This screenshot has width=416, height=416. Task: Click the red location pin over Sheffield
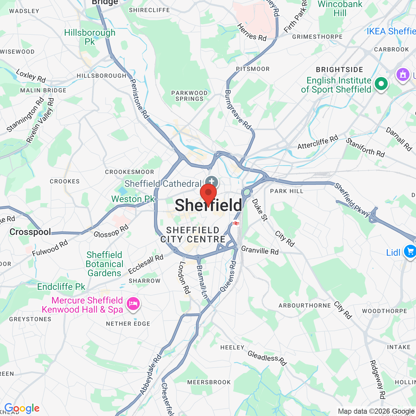click(x=208, y=194)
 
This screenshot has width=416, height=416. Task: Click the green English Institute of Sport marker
click(x=381, y=84)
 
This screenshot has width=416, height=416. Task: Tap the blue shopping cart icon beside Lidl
click(x=410, y=251)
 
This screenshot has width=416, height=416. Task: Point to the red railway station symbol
click(x=236, y=223)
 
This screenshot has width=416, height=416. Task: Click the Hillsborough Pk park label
click(x=90, y=37)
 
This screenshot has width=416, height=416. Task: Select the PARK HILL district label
click(x=287, y=191)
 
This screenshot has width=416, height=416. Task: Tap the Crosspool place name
click(x=30, y=232)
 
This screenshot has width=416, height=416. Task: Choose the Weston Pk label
click(x=133, y=199)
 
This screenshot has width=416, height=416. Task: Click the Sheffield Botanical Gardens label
click(x=104, y=264)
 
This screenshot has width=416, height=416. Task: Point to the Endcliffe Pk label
click(x=61, y=287)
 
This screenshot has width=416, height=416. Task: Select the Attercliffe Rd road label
click(x=318, y=142)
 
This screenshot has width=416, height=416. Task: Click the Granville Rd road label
click(x=260, y=251)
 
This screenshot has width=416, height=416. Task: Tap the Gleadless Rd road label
click(x=267, y=358)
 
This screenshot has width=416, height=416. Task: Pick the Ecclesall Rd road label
click(x=146, y=264)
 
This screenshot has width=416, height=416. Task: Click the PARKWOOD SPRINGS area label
click(x=189, y=96)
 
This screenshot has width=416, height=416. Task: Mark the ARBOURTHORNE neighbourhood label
click(x=305, y=305)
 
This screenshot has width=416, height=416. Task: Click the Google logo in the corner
click(x=22, y=408)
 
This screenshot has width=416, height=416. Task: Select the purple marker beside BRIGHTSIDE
click(x=403, y=74)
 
